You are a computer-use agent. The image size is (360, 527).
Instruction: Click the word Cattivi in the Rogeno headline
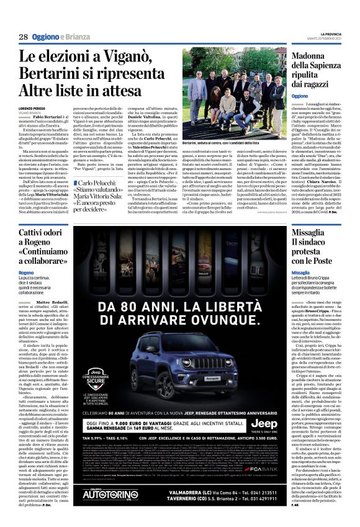click(x=56, y=232)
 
